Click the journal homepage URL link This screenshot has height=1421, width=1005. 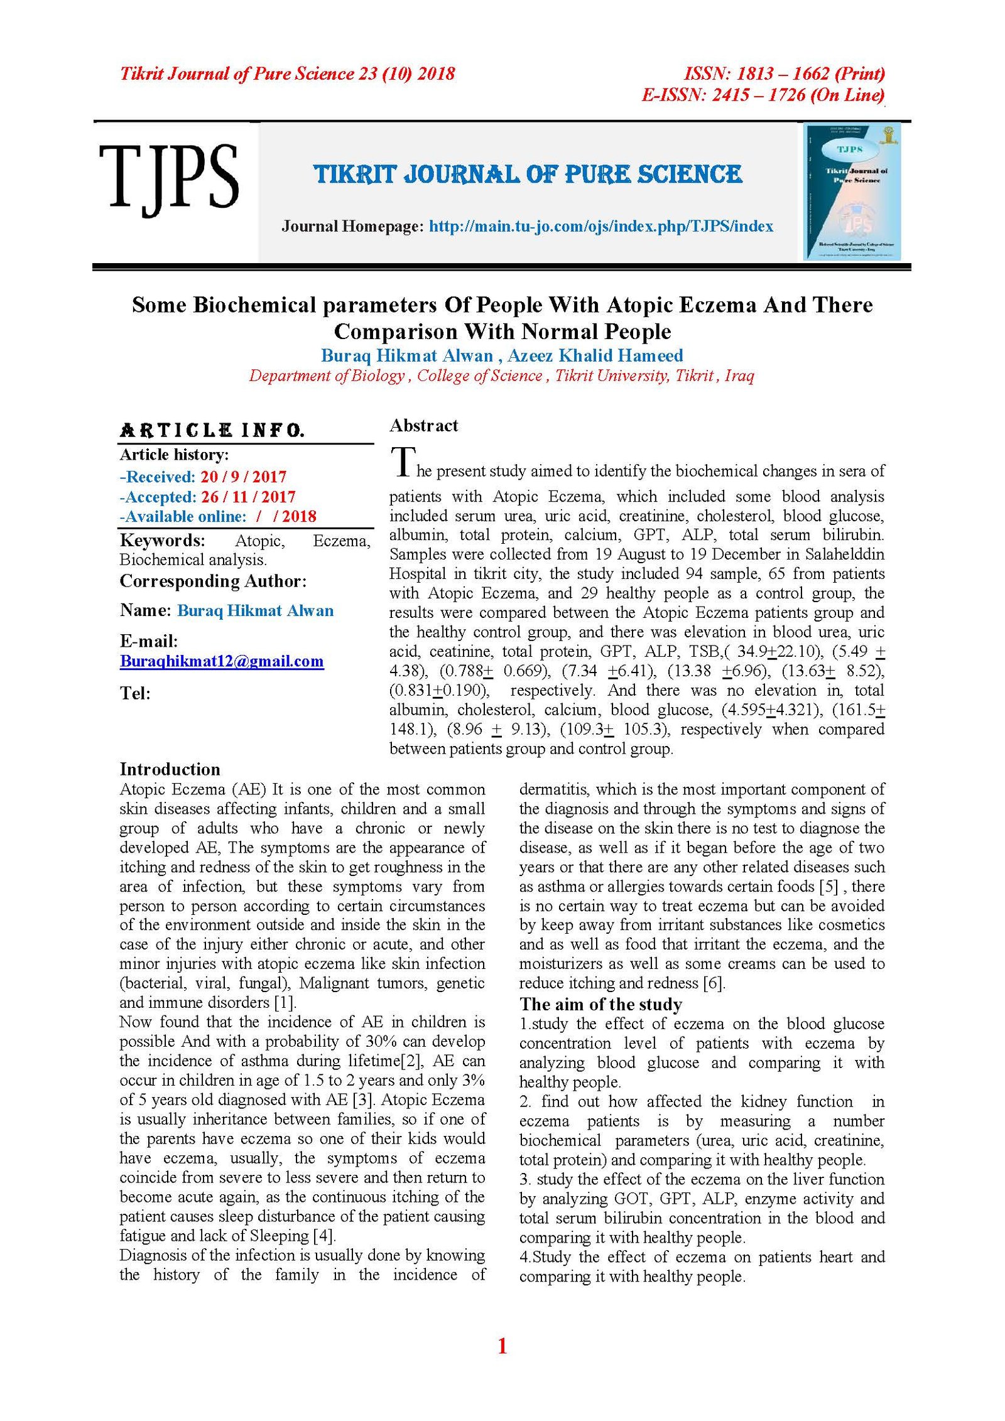600,227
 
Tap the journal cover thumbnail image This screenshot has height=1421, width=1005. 852,192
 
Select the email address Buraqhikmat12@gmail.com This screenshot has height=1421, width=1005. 222,661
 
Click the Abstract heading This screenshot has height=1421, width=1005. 423,426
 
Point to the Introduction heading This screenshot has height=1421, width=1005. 170,769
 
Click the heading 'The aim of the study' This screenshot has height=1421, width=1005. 600,1004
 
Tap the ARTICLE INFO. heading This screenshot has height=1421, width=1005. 212,431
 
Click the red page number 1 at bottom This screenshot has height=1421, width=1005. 502,1346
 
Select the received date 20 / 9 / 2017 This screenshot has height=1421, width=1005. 243,477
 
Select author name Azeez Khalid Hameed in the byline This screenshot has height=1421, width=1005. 595,355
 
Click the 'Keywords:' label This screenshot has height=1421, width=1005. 162,540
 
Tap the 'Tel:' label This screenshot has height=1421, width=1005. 135,693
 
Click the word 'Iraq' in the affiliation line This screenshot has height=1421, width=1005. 739,376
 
